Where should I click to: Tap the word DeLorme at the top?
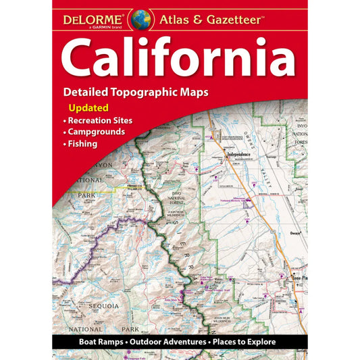[x=95, y=14]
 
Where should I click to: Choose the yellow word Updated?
[x=88, y=107]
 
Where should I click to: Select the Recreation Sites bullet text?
[x=100, y=120]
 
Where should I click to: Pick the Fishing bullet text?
[x=82, y=144]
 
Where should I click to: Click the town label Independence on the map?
[x=232, y=155]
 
